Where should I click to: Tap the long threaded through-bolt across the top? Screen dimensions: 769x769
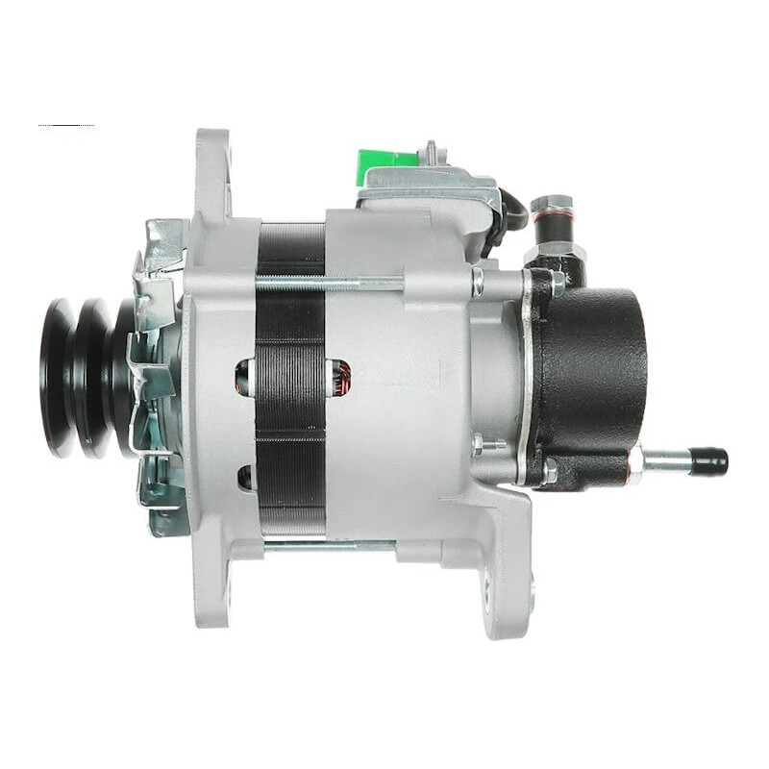pyautogui.click(x=336, y=282)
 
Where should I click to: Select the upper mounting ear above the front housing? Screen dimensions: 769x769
pyautogui.click(x=212, y=168)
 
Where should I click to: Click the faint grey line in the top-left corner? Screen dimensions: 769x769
pyautogui.click(x=65, y=126)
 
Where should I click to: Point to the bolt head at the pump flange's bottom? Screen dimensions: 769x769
pyautogui.click(x=548, y=472)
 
